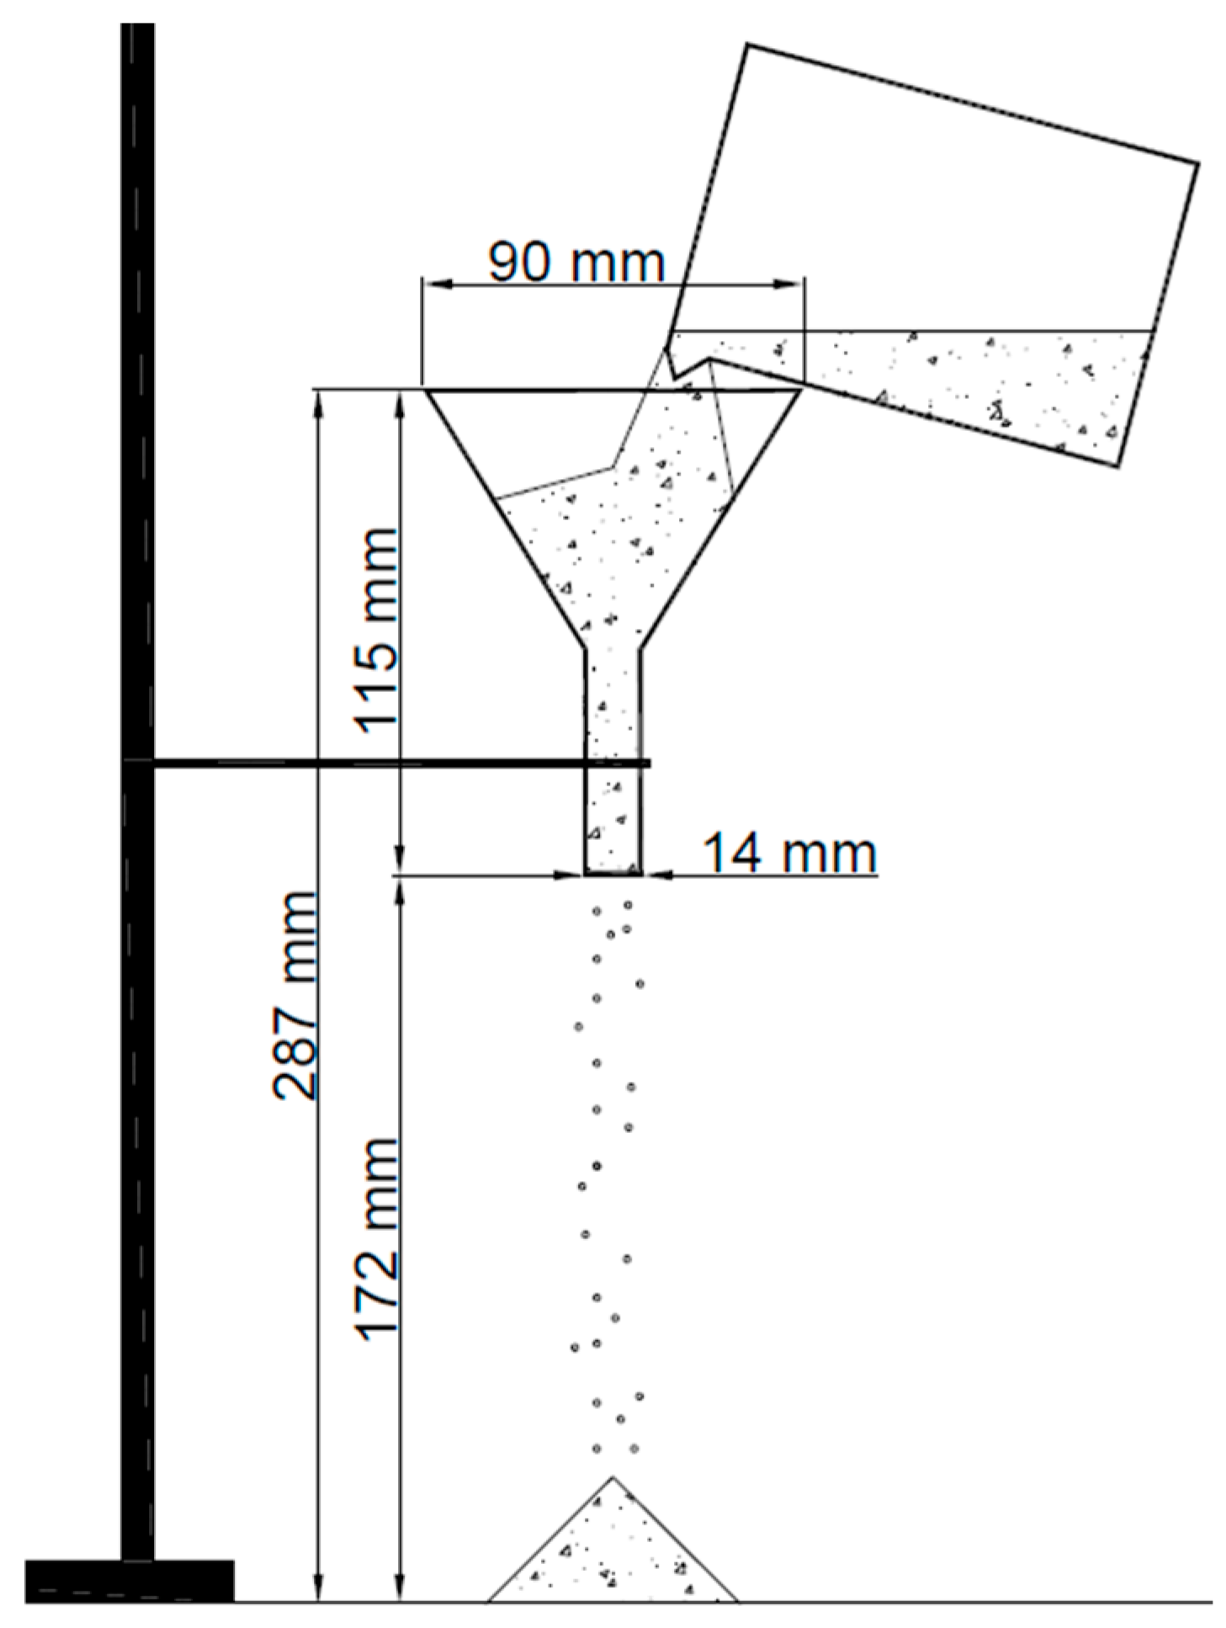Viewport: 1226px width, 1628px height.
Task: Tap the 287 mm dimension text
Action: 295,995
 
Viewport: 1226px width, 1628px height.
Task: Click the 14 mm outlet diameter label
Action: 789,852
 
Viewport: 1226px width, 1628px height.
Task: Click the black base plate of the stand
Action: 130,1580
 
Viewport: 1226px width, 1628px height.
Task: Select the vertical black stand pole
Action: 137,791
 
